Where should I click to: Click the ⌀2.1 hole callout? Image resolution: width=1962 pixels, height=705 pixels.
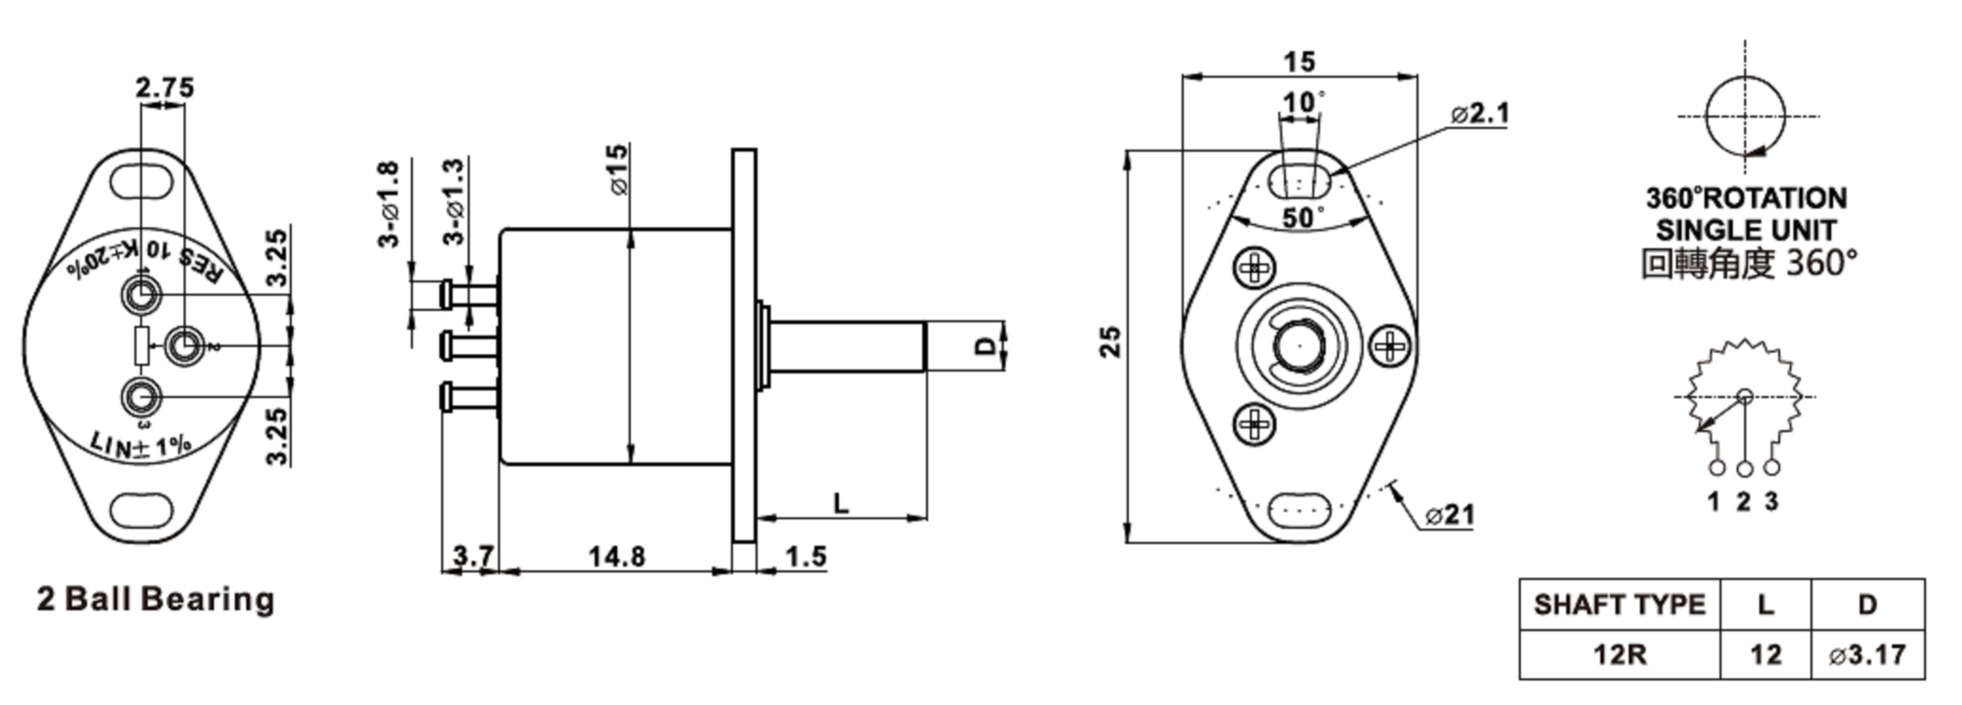(1479, 114)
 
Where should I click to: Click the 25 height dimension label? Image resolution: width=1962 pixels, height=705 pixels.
(1112, 342)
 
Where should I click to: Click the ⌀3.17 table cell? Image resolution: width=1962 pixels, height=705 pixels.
(1868, 654)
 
